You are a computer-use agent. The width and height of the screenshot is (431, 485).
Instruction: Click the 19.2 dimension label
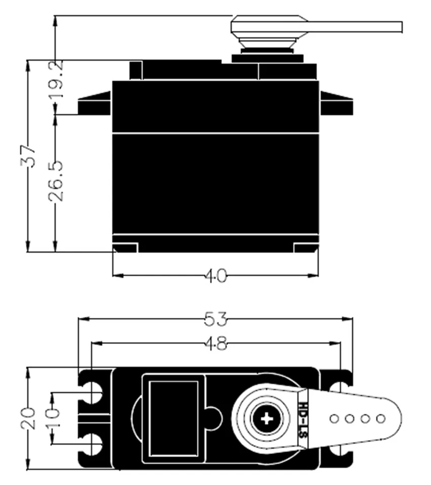57,79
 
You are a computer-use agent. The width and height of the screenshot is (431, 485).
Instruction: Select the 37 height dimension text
30,156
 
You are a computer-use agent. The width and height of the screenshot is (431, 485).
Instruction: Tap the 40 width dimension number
216,275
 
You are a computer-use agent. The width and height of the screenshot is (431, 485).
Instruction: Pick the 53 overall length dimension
216,319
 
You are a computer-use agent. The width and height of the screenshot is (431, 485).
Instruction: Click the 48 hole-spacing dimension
216,344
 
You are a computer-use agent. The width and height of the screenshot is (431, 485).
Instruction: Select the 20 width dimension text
29,419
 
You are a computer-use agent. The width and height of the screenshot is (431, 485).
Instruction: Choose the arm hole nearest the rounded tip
381,418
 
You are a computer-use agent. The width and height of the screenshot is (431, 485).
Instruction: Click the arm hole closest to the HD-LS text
334,418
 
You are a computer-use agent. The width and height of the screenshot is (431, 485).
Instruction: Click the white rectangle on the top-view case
174,418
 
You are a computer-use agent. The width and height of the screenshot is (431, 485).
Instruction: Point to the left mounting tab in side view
95,104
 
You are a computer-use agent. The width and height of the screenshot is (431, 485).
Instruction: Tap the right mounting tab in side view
336,104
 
